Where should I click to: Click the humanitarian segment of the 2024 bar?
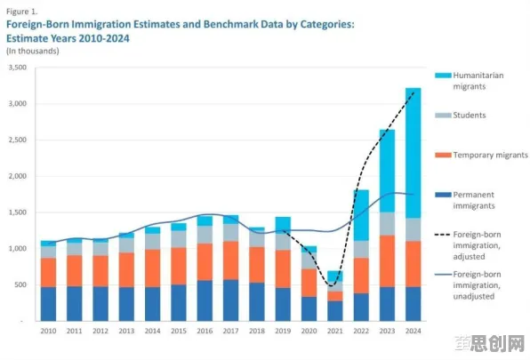coord(413,153)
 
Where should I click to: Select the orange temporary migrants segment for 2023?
coord(387,261)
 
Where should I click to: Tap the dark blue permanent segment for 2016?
coord(205,300)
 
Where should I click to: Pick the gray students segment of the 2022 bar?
coord(361,249)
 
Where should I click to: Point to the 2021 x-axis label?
coord(335,331)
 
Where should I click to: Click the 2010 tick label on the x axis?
coord(48,331)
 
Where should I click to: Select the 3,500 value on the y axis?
coord(18,68)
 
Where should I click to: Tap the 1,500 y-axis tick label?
coord(18,212)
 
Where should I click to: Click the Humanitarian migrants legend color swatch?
coord(443,76)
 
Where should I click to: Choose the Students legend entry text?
coord(470,116)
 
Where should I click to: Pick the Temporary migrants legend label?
coord(491,155)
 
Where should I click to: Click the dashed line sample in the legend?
coord(443,235)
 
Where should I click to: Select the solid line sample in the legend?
coord(443,274)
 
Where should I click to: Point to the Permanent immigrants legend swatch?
coord(443,195)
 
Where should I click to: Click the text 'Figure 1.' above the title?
coord(22,12)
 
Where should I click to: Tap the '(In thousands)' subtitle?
coord(32,51)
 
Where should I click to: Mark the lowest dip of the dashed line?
coord(332,285)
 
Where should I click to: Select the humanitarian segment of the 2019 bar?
coord(283,225)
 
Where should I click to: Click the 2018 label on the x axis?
coord(257,331)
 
